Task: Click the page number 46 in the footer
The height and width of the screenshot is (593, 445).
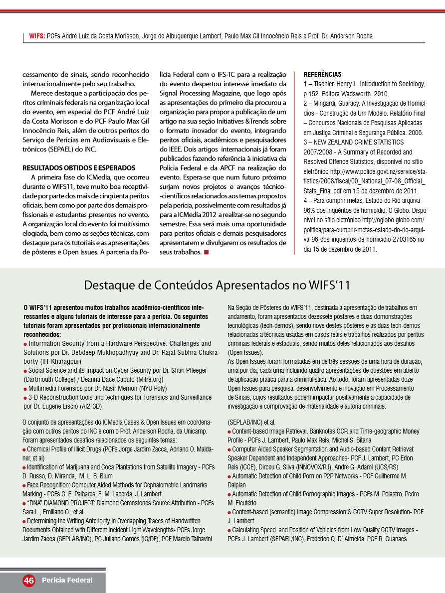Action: (28, 581)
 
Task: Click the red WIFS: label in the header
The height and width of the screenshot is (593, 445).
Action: (37, 36)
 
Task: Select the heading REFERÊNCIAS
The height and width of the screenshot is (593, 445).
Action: (322, 74)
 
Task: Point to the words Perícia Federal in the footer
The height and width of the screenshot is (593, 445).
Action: (67, 580)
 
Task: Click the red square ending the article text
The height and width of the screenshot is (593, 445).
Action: (206, 252)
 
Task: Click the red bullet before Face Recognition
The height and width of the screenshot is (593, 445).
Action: (24, 485)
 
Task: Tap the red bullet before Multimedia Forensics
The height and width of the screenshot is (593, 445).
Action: (25, 388)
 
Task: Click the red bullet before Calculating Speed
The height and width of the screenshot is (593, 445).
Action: (229, 530)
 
